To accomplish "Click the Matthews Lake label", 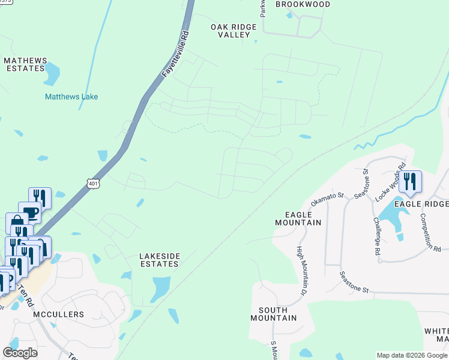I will click(71, 97).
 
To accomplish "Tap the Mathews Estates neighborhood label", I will click(25, 64).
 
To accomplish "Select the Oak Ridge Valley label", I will click(234, 31).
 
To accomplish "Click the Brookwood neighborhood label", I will click(303, 4).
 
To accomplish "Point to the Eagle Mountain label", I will click(298, 218).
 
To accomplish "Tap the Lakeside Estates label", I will click(160, 259).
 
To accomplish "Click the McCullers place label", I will click(59, 314).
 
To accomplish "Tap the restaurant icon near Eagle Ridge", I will click(410, 181).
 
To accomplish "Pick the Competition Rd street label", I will click(431, 232).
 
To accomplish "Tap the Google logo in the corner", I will click(20, 352).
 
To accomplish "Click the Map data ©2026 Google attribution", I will click(411, 355).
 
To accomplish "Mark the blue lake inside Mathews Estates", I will click(52, 73).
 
